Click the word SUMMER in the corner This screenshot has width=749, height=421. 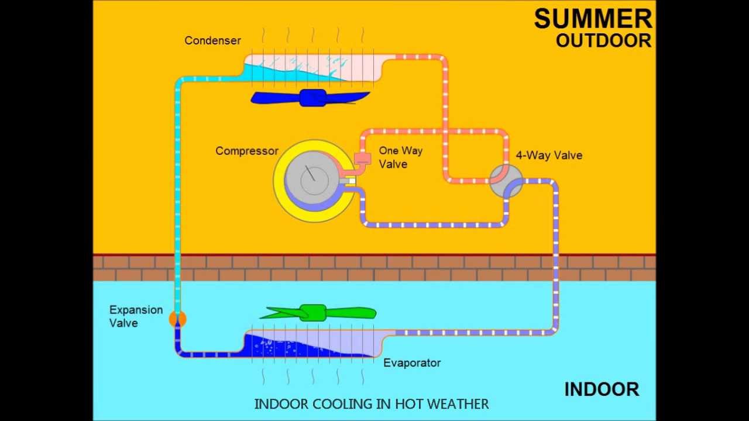(x=593, y=19)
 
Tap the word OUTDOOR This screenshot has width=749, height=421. (x=603, y=40)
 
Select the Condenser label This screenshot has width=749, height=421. (x=212, y=40)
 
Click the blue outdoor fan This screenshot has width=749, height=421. (x=311, y=98)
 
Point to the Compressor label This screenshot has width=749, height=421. (x=246, y=151)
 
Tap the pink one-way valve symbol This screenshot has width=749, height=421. (x=363, y=158)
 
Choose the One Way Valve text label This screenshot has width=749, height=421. (x=400, y=157)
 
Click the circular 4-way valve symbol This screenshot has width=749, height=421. (x=506, y=181)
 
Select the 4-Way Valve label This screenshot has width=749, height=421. (x=548, y=156)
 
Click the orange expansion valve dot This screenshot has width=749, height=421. (x=177, y=319)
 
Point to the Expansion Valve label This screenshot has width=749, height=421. (x=135, y=316)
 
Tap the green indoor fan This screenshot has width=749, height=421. (x=317, y=313)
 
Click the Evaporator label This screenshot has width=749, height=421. (x=411, y=363)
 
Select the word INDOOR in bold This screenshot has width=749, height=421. (x=601, y=389)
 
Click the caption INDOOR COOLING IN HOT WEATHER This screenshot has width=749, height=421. (x=371, y=404)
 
